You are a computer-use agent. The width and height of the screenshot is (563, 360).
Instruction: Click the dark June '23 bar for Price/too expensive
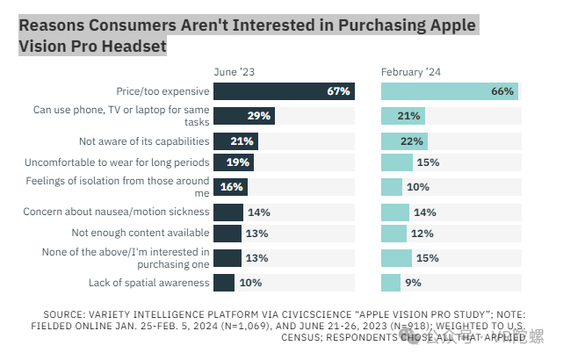[x=284, y=90]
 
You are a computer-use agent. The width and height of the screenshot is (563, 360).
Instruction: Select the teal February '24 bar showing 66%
[x=449, y=90]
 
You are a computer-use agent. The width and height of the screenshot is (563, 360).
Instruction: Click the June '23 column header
[x=236, y=70]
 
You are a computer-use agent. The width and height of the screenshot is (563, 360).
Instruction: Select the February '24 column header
[x=411, y=70]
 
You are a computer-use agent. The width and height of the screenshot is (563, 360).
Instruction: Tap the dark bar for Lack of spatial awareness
[x=224, y=282]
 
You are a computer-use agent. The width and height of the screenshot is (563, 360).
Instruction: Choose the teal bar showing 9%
[x=391, y=282]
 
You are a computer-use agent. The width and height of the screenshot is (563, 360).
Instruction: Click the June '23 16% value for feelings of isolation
[x=232, y=187]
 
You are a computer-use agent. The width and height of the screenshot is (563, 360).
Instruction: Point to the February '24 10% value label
[x=418, y=187]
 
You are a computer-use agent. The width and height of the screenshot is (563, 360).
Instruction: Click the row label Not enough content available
[x=141, y=233]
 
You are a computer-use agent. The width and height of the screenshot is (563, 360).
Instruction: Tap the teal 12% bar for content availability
[x=393, y=233]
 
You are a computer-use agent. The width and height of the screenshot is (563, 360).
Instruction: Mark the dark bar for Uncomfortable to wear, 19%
[x=234, y=162]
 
